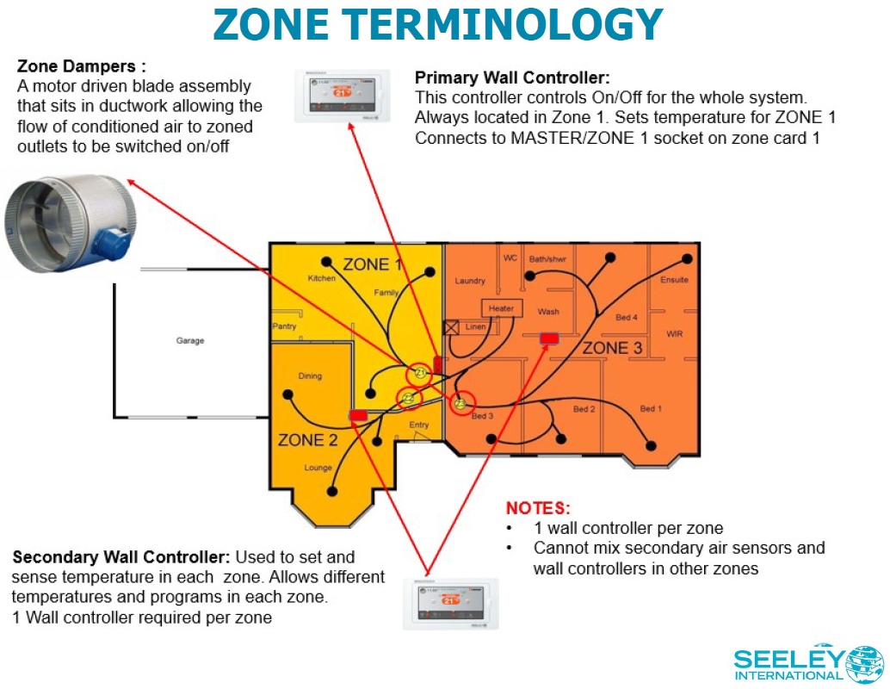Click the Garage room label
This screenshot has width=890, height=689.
pos(190,341)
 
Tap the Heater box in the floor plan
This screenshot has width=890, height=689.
pos(501,308)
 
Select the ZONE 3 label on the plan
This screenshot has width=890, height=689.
pos(612,348)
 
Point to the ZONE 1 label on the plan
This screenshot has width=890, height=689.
pos(372,264)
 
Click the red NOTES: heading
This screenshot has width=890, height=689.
pos(538,508)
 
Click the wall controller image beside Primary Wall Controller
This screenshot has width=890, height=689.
pos(342,95)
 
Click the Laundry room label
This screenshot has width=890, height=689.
pos(470,281)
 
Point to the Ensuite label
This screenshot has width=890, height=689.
pos(674,280)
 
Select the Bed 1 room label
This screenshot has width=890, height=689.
pos(652,409)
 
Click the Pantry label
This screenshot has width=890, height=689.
pos(285,326)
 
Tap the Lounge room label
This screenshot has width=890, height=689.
pos(318,468)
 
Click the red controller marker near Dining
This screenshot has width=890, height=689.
pos(358,415)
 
